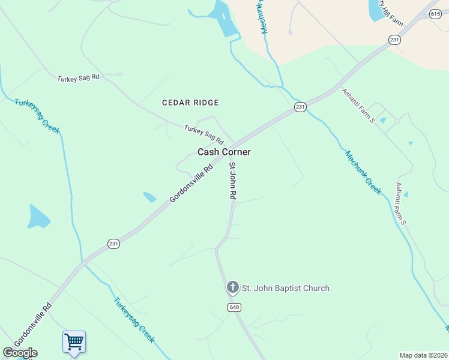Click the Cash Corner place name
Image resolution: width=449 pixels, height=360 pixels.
(x=224, y=152)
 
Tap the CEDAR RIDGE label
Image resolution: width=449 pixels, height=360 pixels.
(x=190, y=103)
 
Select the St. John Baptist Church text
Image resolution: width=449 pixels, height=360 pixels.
(x=285, y=288)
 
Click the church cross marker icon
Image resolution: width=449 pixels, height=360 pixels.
(x=232, y=287)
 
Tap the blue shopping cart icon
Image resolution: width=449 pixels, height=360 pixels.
(x=74, y=342)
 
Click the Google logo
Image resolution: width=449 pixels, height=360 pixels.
(x=20, y=353)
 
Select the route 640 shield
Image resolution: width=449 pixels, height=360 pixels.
(x=234, y=307)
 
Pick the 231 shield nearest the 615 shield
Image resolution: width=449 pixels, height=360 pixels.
(x=394, y=40)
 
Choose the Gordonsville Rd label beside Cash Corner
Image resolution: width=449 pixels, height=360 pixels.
(x=191, y=184)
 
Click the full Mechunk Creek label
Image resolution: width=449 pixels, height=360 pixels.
(x=363, y=172)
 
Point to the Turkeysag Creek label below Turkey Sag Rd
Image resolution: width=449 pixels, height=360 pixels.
(x=37, y=116)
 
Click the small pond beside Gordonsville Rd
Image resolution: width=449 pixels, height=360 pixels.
(x=149, y=197)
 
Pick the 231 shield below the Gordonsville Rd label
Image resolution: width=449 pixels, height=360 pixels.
(x=114, y=243)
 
